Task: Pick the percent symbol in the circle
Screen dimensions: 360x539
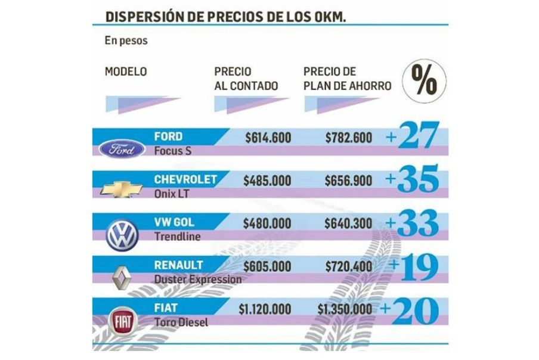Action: pyautogui.click(x=423, y=80)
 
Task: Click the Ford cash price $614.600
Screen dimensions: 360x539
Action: pyautogui.click(x=268, y=138)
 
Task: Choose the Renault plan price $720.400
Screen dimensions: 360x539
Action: pyautogui.click(x=349, y=266)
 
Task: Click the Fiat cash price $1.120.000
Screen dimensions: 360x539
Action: pyautogui.click(x=264, y=309)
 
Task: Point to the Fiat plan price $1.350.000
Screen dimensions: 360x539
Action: pyautogui.click(x=345, y=309)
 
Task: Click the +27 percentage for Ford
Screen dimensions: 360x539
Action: pyautogui.click(x=412, y=137)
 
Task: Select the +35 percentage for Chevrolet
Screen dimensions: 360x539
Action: pyautogui.click(x=412, y=179)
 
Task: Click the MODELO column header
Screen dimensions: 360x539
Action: pyautogui.click(x=125, y=72)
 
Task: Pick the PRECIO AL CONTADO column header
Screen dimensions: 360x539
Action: pyautogui.click(x=246, y=79)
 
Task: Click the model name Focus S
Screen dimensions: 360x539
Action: pyautogui.click(x=172, y=151)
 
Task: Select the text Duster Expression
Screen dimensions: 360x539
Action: pyautogui.click(x=198, y=278)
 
